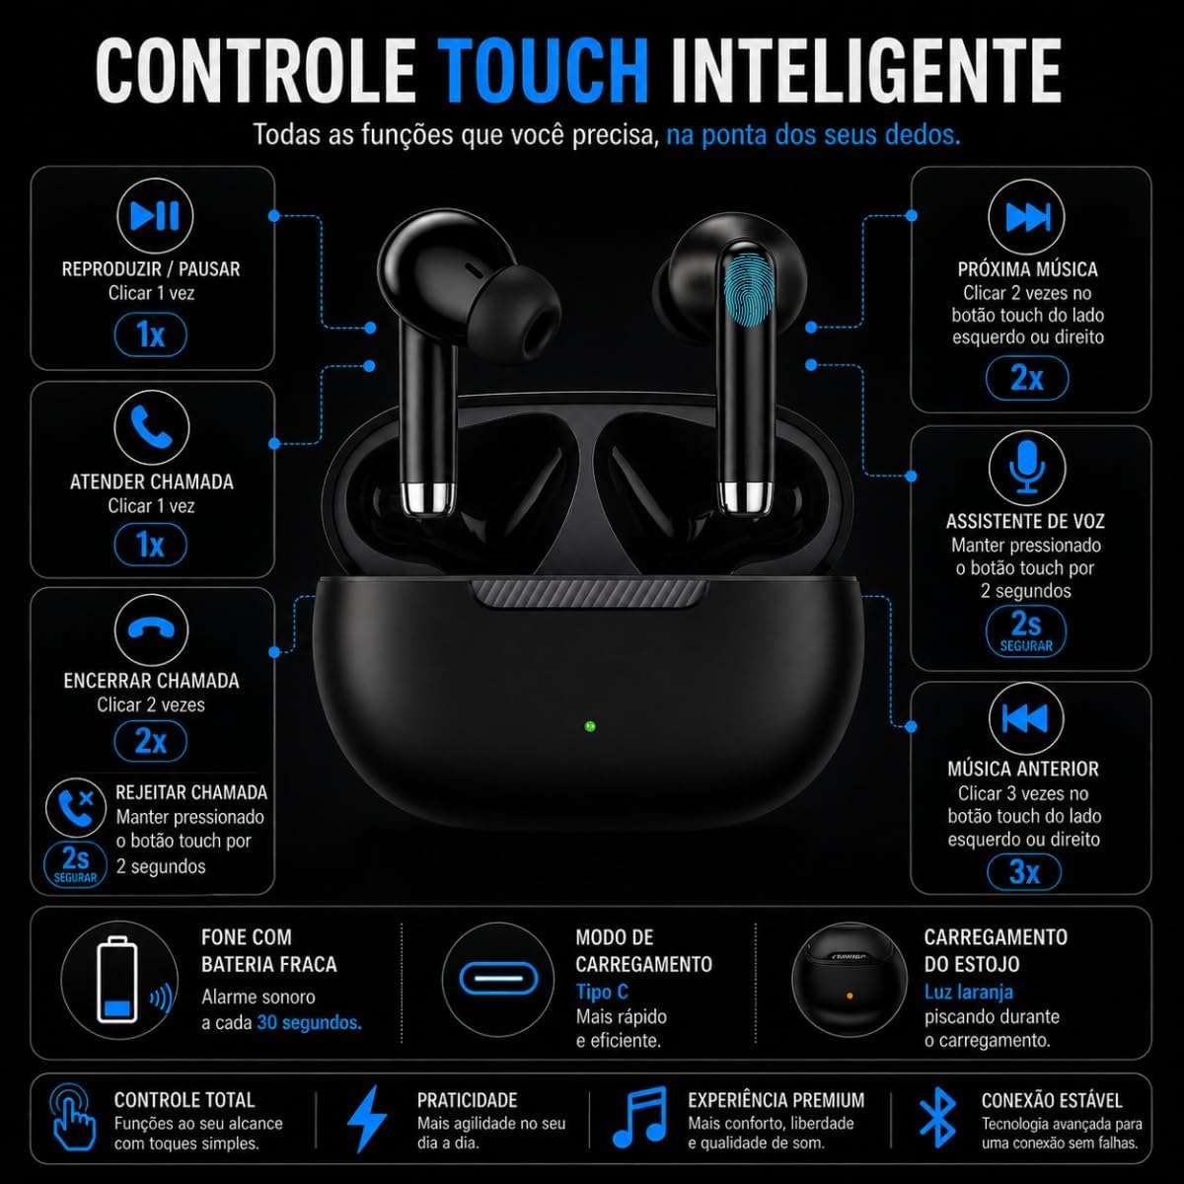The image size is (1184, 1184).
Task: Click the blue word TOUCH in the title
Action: [x=547, y=71]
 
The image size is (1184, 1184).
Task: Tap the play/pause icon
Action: [x=155, y=216]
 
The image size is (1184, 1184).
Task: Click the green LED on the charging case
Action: [x=590, y=726]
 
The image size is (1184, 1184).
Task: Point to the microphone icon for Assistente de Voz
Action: [x=1027, y=469]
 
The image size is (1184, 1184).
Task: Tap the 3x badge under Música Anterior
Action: [x=1024, y=872]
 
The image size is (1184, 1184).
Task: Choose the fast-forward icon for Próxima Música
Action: [x=1027, y=216]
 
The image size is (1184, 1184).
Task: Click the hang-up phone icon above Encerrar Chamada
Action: [x=151, y=629]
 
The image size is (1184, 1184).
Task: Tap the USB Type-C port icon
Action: [x=498, y=979]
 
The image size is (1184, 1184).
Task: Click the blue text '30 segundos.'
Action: [x=309, y=1022]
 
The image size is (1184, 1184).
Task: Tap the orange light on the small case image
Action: [x=850, y=996]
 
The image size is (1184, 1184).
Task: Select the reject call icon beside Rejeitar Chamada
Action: [x=76, y=808]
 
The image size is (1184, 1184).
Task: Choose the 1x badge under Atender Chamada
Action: [x=151, y=545]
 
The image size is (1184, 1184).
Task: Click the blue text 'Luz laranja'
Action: [x=969, y=993]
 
